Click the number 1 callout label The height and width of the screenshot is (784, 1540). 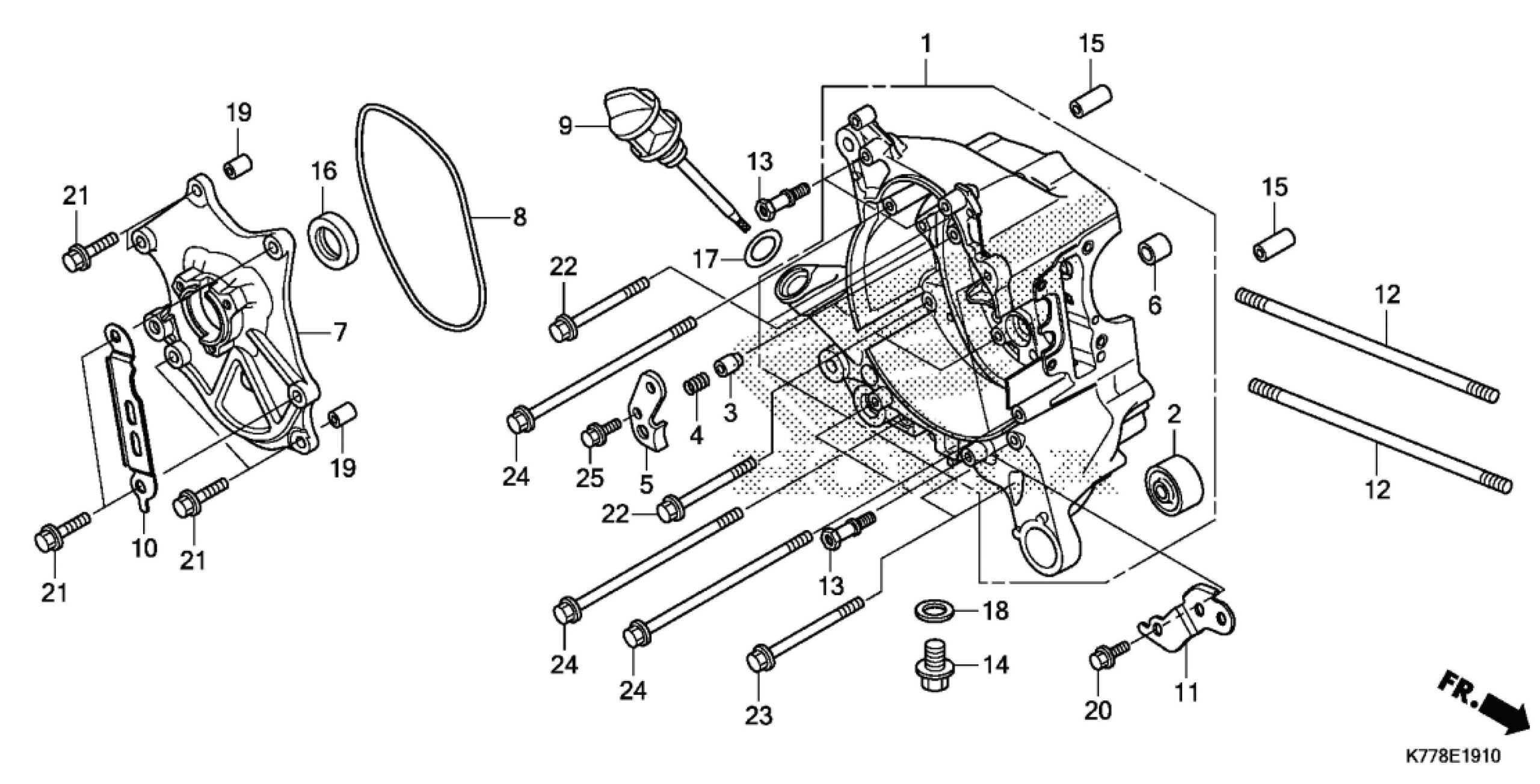[926, 43]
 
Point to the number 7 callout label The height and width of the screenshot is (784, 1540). [340, 332]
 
